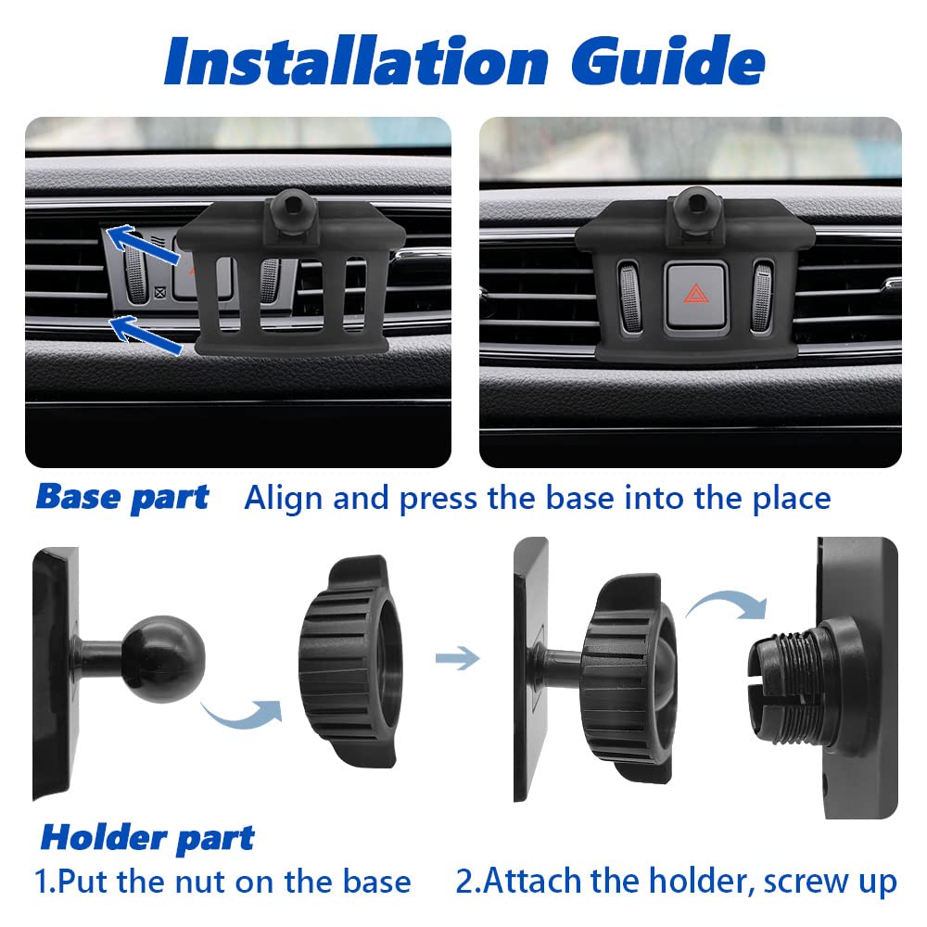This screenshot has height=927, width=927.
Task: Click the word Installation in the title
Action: [x=357, y=61]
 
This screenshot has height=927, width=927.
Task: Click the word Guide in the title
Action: [x=668, y=59]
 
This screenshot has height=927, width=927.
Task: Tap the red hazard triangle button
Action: [x=695, y=294]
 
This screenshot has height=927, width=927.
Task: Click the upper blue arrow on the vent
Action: [x=144, y=244]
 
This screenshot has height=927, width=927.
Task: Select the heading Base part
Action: [x=122, y=497]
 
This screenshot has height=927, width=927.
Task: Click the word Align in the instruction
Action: [x=285, y=498]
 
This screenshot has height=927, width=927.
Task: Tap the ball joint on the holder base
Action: [x=163, y=659]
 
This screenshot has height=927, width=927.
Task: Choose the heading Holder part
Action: [x=147, y=838]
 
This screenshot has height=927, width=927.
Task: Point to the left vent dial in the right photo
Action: [x=629, y=296]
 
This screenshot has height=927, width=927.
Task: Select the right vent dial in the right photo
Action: [x=761, y=296]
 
